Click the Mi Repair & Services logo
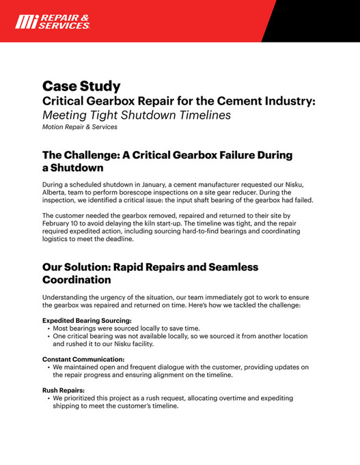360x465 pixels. pos(52,21)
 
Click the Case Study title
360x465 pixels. pos(81,86)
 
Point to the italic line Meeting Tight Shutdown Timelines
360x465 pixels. pos(137,115)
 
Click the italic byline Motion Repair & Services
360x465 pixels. pos(79,126)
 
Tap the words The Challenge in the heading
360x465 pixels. pos(85,155)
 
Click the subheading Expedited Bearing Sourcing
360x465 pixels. pos(87,320)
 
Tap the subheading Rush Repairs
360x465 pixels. pos(64,390)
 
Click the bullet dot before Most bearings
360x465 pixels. pos(49,328)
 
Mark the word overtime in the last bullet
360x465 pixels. pos(243,397)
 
